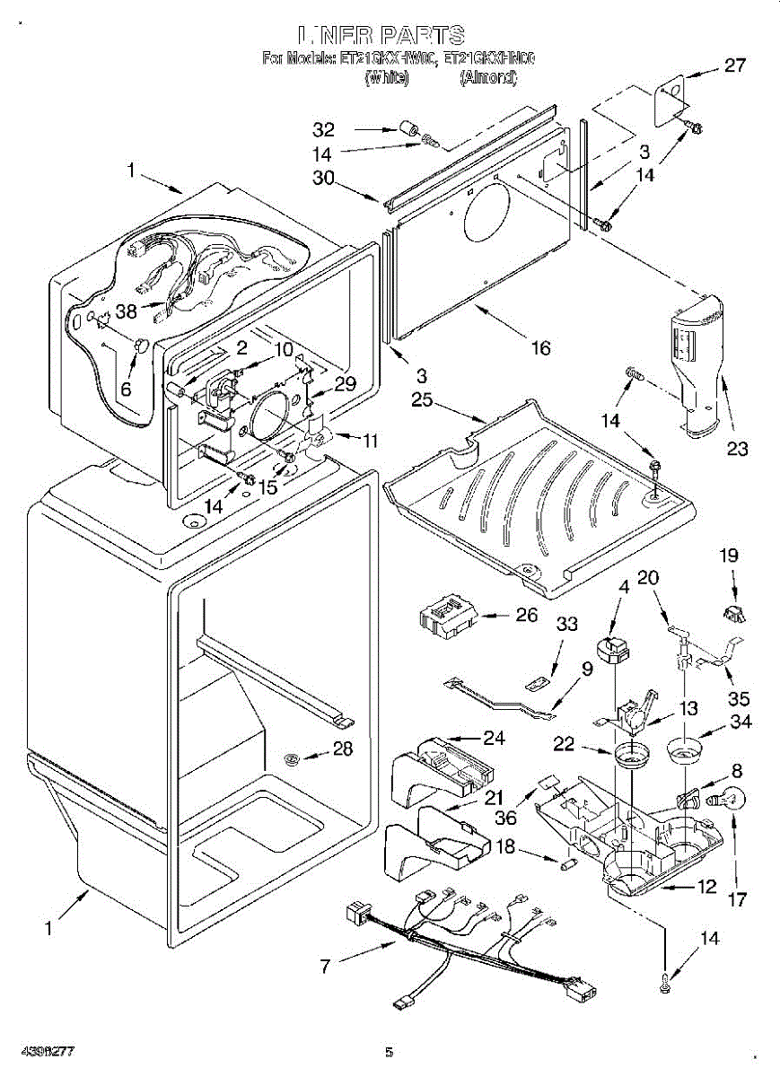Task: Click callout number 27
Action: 734,65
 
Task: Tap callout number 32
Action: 322,128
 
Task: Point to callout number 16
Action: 540,348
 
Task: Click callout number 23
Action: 737,449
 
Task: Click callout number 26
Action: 528,615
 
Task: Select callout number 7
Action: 325,966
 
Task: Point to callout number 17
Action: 737,900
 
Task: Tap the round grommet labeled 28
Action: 292,760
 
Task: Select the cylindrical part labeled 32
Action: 411,128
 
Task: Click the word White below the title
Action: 387,77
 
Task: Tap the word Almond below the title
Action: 487,77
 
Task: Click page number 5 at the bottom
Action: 389,1051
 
